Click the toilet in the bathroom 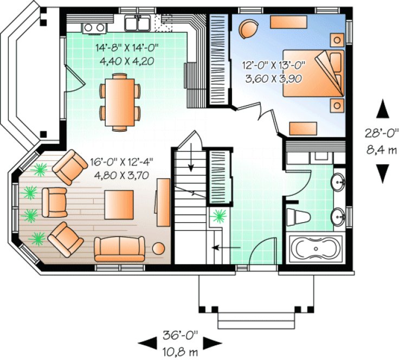coord(298,216)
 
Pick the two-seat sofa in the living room coord(119,249)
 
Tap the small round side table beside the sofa coord(158,249)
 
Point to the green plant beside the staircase coord(219,216)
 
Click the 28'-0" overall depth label coord(382,132)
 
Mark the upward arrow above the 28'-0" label coord(383,109)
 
